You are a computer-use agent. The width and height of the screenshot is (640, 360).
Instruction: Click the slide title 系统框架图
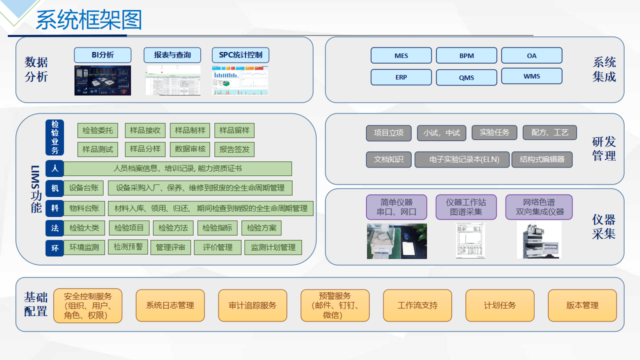tap(89, 20)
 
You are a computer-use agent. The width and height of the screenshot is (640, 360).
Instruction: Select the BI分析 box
tap(102, 55)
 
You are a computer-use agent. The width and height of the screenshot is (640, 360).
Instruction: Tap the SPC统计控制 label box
tap(240, 55)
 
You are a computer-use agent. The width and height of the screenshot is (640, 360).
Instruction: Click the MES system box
tap(401, 55)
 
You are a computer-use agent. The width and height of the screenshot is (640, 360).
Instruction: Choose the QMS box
tap(466, 77)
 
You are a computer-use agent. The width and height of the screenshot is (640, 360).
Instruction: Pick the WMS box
tap(531, 76)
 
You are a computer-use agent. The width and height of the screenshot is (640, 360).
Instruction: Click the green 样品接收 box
tap(145, 130)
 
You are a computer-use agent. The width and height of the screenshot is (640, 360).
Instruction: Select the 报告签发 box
tap(234, 149)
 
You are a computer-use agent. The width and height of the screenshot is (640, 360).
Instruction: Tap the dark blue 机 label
tap(54, 188)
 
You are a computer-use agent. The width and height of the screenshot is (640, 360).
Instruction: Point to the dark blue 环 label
tap(54, 247)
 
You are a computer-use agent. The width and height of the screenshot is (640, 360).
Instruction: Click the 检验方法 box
tap(173, 228)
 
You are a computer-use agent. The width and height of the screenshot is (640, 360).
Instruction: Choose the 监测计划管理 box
tap(273, 247)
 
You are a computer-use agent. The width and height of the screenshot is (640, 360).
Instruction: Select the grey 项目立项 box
tap(388, 133)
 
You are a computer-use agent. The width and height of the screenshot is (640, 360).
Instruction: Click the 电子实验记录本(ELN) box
tap(462, 159)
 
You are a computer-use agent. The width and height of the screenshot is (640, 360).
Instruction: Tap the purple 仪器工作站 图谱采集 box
tap(465, 207)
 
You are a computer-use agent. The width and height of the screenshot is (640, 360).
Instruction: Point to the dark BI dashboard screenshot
tap(102, 80)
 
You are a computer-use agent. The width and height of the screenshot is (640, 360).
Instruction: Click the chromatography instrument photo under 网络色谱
tap(539, 240)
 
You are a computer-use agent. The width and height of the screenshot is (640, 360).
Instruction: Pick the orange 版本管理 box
tap(582, 305)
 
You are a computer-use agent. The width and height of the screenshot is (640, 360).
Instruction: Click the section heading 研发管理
tap(603, 148)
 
